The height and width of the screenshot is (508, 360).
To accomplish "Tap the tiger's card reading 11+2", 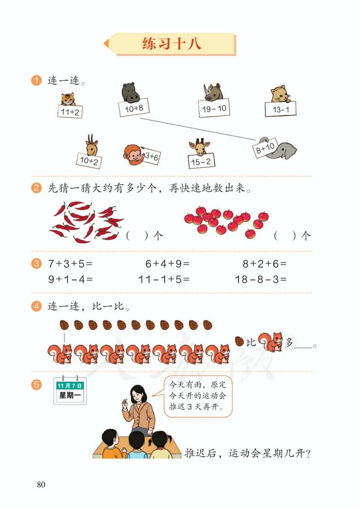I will click(x=70, y=112).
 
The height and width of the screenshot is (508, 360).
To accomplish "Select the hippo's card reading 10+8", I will click(x=133, y=108).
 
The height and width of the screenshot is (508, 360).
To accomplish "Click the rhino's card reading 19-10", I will click(x=214, y=108).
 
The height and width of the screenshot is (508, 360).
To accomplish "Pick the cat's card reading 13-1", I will click(x=281, y=109).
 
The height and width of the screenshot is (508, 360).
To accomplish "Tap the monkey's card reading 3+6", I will click(x=151, y=156).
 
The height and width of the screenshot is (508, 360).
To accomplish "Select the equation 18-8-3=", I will click(x=260, y=279).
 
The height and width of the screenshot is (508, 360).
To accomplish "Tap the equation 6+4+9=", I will click(x=167, y=263).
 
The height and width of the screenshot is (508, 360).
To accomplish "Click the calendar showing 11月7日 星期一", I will click(x=69, y=391).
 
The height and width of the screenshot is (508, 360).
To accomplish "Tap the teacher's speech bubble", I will click(x=198, y=397).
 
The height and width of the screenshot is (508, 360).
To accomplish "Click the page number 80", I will click(x=41, y=484).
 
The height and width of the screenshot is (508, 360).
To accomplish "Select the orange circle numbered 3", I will click(x=37, y=263).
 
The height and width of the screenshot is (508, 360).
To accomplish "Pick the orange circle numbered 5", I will click(x=37, y=385).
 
